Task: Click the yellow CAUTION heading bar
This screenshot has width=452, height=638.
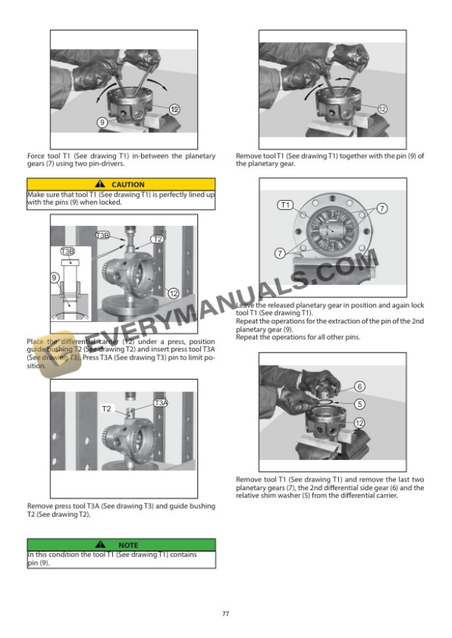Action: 121,184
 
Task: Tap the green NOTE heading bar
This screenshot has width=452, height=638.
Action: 121,545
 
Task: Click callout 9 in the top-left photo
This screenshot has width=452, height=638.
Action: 102,120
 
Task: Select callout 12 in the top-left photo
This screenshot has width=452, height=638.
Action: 174,109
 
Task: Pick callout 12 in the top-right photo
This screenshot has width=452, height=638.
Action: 383,109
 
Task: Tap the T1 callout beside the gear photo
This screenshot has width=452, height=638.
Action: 285,205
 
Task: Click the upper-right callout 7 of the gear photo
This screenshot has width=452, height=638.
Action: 382,208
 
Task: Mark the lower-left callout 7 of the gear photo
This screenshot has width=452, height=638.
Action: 280,253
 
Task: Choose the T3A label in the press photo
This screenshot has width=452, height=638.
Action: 161,402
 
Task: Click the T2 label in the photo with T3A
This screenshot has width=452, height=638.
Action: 106,408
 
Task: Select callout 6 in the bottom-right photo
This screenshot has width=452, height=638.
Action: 360,386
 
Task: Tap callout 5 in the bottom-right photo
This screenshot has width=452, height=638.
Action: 360,404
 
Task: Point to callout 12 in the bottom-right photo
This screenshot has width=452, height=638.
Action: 360,423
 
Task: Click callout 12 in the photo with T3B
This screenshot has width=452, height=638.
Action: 174,293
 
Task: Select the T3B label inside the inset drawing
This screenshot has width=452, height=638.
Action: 67,252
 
